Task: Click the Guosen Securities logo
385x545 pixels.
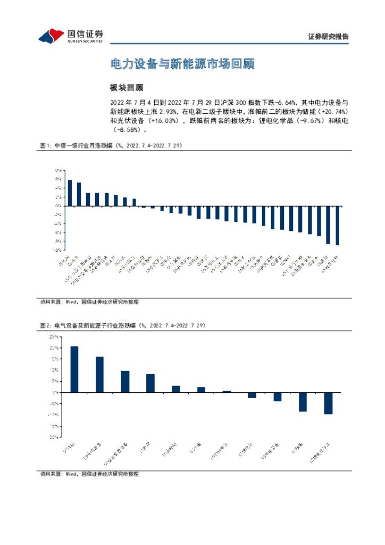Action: (x=70, y=36)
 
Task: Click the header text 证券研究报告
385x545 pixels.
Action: (x=328, y=37)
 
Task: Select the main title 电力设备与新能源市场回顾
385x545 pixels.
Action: (x=182, y=64)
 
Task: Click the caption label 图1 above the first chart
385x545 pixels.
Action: (x=45, y=145)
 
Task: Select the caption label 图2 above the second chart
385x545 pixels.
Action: (x=45, y=325)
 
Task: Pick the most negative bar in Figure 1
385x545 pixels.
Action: (x=337, y=226)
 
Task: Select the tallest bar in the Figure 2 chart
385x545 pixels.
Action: (x=74, y=369)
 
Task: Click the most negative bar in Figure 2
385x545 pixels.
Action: (x=328, y=403)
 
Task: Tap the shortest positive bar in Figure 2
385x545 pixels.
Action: (x=227, y=391)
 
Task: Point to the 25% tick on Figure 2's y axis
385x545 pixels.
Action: (x=54, y=336)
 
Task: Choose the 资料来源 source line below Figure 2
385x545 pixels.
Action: (x=89, y=474)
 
